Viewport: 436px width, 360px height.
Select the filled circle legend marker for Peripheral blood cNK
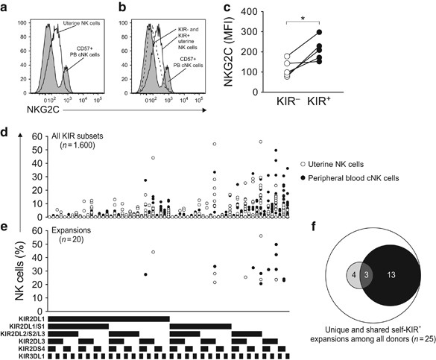(300, 177)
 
